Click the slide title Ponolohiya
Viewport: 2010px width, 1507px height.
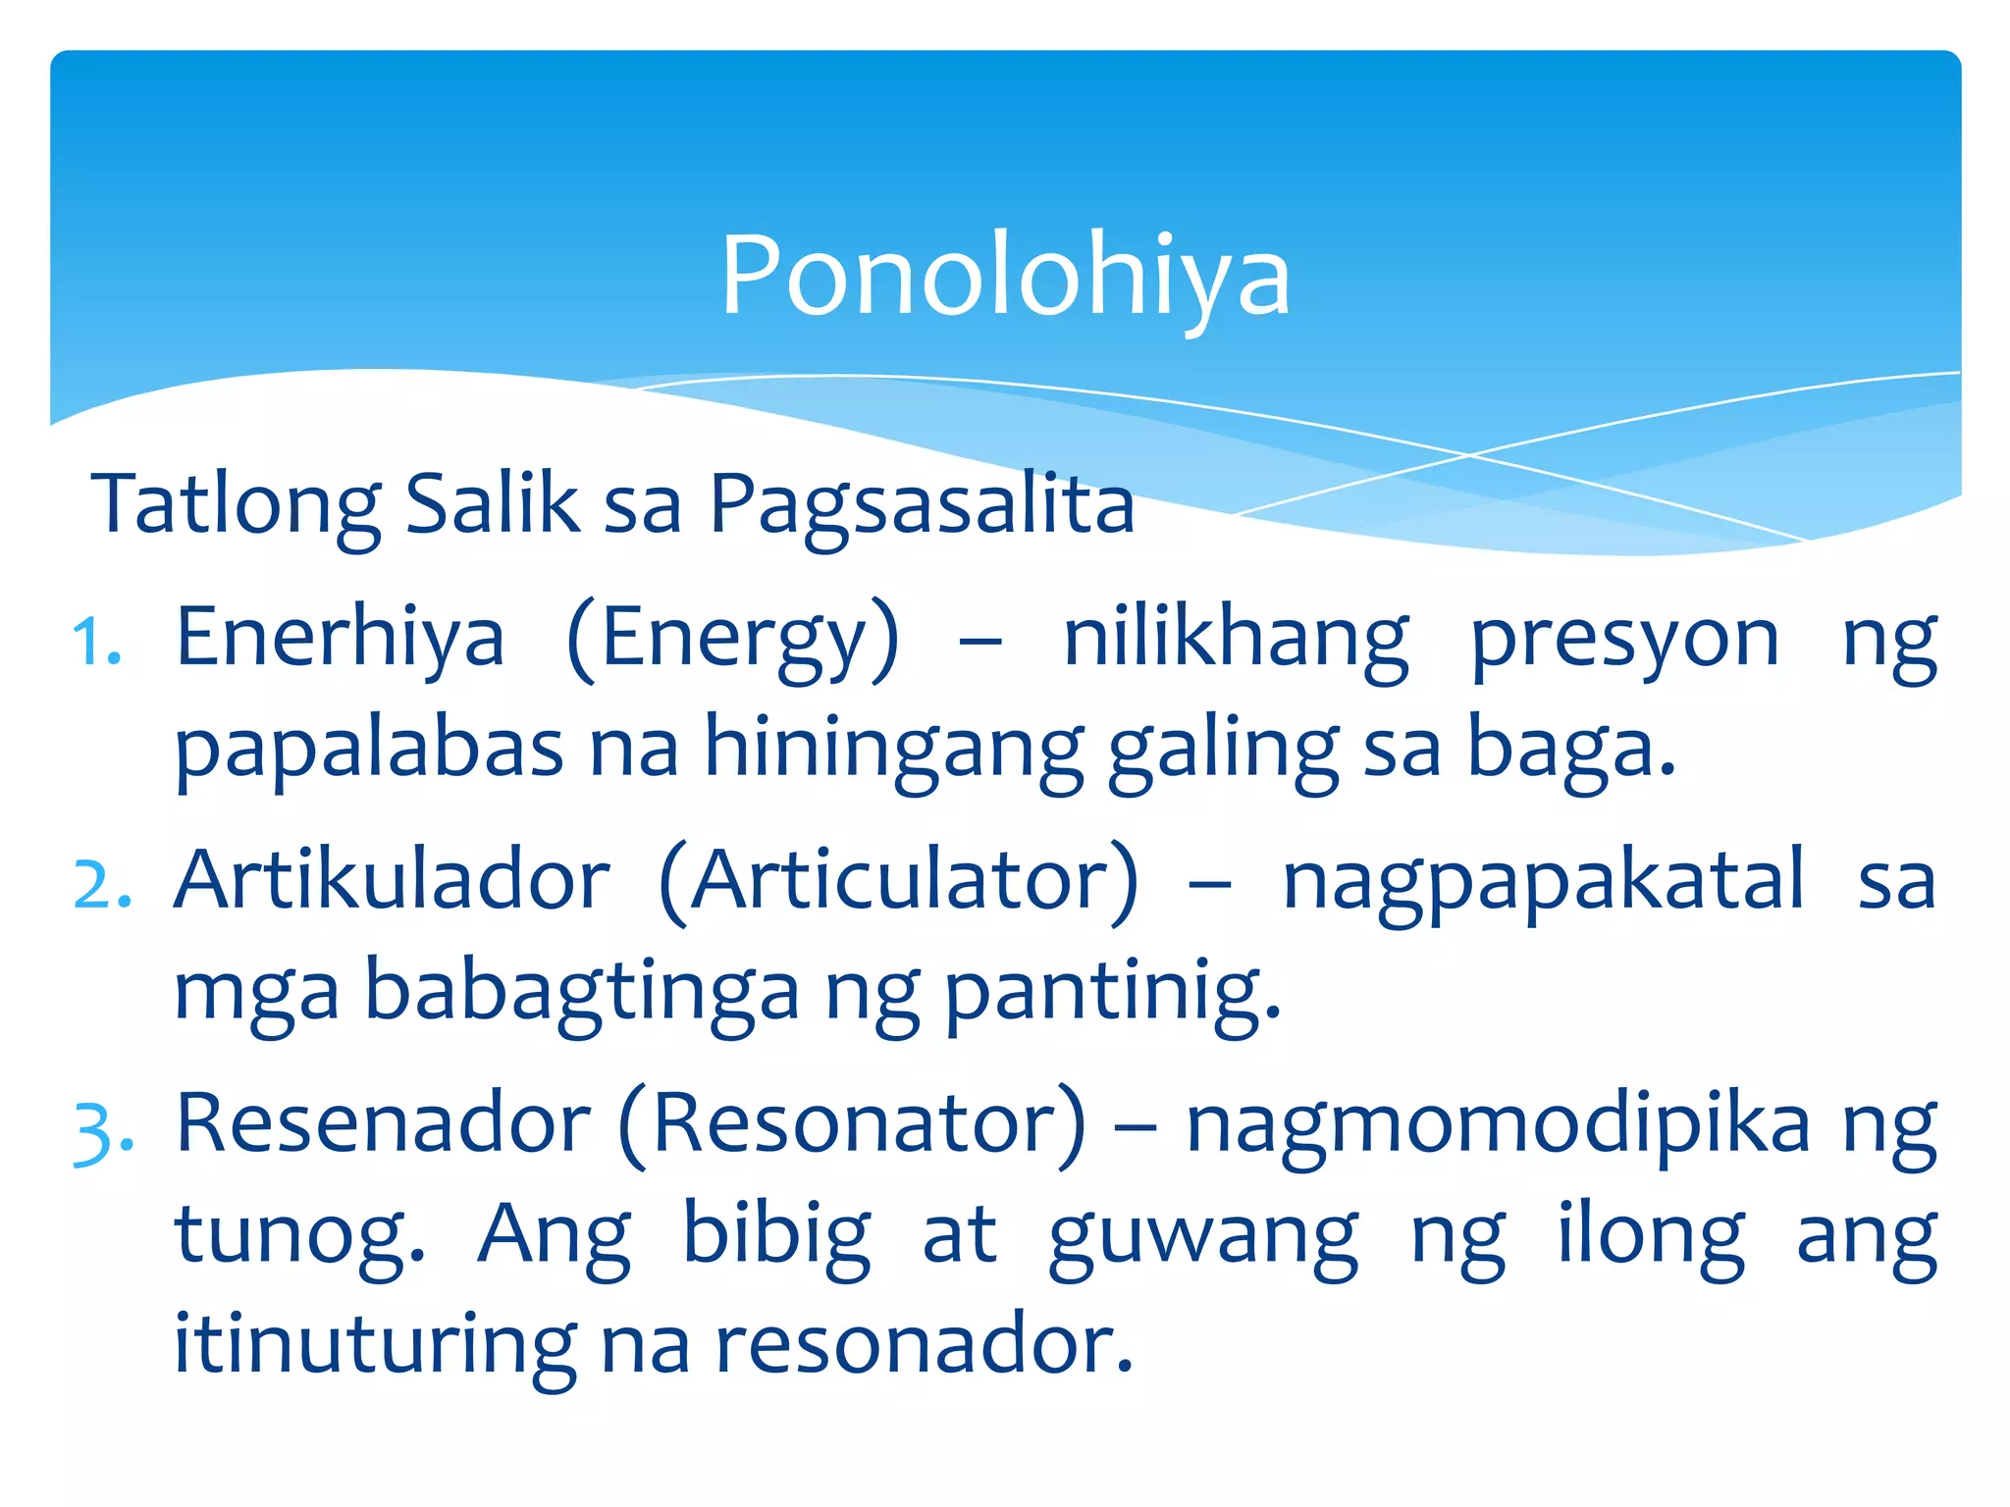point(1005,278)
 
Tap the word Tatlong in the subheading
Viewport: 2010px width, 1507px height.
point(236,505)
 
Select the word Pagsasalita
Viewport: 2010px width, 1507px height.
point(921,505)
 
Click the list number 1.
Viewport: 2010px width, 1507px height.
point(97,644)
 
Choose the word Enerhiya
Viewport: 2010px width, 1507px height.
point(340,639)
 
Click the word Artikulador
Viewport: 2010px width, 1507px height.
point(392,880)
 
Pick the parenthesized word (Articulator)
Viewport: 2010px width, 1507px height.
point(899,882)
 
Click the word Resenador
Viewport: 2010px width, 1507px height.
point(383,1123)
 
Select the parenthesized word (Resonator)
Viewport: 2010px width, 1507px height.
point(853,1125)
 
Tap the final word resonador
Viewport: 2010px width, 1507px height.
point(924,1344)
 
